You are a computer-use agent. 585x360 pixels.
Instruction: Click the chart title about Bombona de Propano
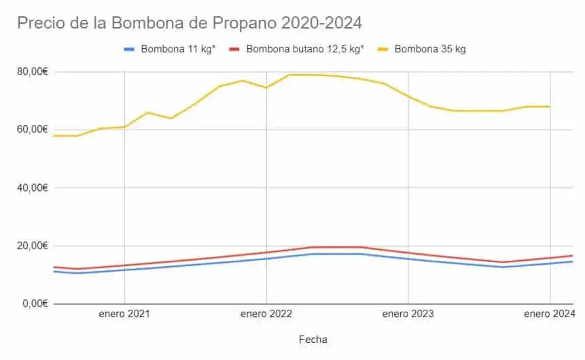[190, 22]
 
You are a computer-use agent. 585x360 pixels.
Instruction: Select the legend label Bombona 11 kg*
[178, 49]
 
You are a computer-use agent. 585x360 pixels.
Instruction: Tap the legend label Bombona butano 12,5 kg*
[305, 49]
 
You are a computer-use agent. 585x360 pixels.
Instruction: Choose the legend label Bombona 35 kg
[430, 49]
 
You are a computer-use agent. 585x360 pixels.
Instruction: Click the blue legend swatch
[130, 49]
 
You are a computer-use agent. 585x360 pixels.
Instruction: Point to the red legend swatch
[235, 49]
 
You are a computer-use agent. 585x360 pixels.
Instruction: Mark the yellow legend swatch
[383, 49]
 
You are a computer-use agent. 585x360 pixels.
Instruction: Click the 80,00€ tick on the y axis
[31, 71]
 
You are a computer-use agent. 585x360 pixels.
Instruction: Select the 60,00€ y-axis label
[31, 129]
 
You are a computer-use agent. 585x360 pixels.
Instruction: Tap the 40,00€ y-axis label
[31, 187]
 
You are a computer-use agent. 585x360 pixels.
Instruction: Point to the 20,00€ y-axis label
[31, 245]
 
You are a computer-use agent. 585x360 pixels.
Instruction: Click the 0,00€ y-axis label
[34, 304]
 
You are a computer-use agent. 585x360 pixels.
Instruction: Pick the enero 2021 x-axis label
[124, 314]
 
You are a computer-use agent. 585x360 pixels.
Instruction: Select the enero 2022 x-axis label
[266, 314]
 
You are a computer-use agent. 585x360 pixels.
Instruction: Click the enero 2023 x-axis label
[408, 314]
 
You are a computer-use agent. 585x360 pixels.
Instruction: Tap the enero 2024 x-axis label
[550, 314]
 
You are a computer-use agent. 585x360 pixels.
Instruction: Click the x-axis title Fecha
[313, 338]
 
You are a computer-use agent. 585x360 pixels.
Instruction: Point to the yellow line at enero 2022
[266, 88]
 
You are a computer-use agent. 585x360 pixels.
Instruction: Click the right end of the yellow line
[549, 107]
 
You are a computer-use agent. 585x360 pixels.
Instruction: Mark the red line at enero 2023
[408, 253]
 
